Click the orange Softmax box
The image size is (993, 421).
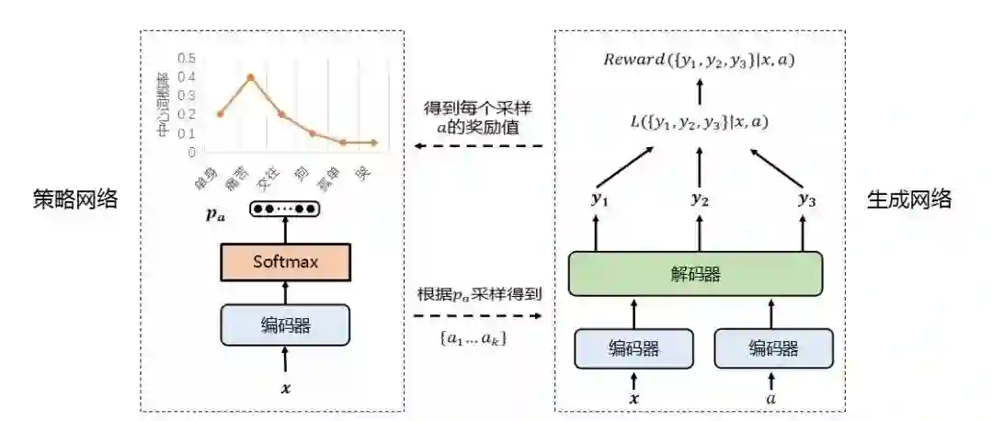coord(285,263)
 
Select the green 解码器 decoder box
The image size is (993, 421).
coord(695,274)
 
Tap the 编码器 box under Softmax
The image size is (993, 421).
coord(285,324)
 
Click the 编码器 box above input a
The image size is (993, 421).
coord(773,348)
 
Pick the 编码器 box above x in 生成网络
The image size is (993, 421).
coord(633,348)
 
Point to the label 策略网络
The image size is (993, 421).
coord(74,199)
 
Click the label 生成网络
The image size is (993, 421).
coord(909,199)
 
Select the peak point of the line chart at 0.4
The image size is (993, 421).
coord(250,77)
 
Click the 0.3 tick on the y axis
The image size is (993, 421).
coord(188,96)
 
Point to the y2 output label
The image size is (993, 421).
coord(700,199)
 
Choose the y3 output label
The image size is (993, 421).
coord(807,199)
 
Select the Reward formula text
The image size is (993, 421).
coord(700,61)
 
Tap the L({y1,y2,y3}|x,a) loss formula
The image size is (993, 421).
coord(700,121)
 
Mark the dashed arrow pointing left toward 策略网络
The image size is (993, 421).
coord(478,146)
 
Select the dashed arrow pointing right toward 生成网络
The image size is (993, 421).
coord(478,315)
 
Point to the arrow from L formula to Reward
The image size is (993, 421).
coord(700,91)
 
